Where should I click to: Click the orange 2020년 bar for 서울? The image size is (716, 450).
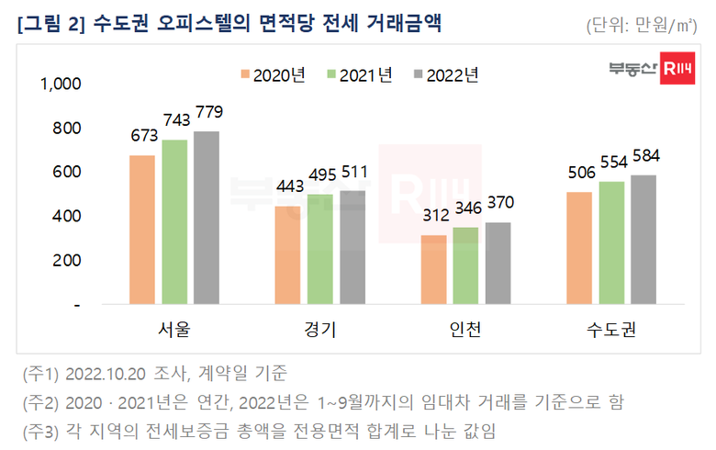142,230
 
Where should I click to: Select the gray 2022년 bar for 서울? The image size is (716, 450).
207,218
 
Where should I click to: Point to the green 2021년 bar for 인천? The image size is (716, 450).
465,265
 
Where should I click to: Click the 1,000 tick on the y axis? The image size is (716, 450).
62,84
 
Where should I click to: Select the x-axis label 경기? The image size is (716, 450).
319,328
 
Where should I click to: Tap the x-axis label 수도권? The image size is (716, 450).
611,328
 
